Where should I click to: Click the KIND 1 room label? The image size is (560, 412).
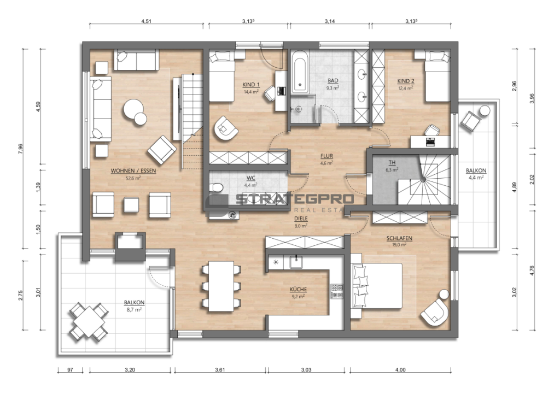[251, 85]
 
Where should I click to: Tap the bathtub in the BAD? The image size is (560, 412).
[300, 72]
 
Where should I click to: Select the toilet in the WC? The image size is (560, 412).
[216, 187]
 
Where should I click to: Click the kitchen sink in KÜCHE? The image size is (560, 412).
[296, 262]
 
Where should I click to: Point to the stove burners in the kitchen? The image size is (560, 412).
[337, 291]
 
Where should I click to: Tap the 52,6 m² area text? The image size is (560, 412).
[133, 178]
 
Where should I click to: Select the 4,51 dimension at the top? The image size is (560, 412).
[147, 21]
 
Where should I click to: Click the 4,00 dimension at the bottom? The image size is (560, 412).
[400, 369]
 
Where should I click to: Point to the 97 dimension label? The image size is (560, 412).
[70, 369]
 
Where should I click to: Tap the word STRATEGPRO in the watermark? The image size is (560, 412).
[295, 199]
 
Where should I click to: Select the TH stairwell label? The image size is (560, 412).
[392, 163]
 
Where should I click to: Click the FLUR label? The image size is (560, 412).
[326, 156]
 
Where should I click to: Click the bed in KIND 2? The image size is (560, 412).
[437, 76]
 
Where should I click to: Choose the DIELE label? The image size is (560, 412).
[301, 219]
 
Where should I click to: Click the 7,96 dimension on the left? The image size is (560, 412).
[20, 149]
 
